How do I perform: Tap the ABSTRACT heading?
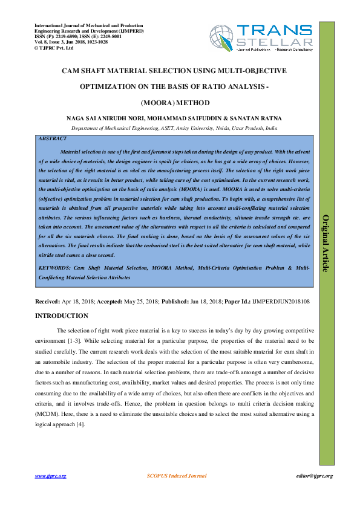coord(53,139)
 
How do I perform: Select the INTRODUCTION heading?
coord(61,316)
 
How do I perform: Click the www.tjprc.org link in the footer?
coord(50,476)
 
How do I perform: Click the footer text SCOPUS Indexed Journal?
coord(177,476)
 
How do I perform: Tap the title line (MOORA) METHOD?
coord(174,103)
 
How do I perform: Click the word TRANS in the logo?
coord(275,30)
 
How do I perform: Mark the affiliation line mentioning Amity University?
coord(174,129)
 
